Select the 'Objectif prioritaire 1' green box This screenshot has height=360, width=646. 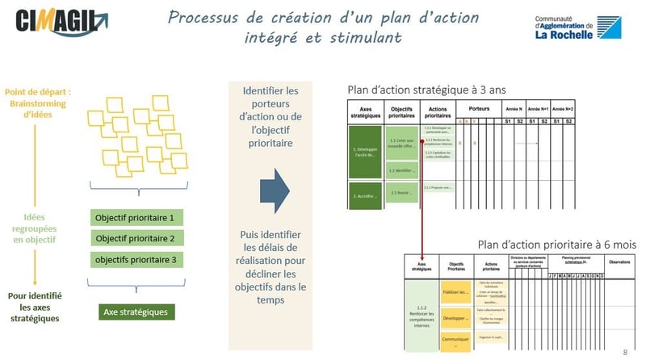(135, 218)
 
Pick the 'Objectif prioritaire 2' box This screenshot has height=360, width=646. (135, 238)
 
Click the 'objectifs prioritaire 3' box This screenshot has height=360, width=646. (135, 259)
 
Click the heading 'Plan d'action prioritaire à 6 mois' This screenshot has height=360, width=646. (556, 244)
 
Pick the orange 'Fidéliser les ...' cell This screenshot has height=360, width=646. (456, 291)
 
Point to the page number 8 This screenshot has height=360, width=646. (625, 353)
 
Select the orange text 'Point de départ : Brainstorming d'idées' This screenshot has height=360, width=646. (37, 103)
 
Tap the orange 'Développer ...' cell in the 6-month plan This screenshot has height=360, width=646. (456, 318)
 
